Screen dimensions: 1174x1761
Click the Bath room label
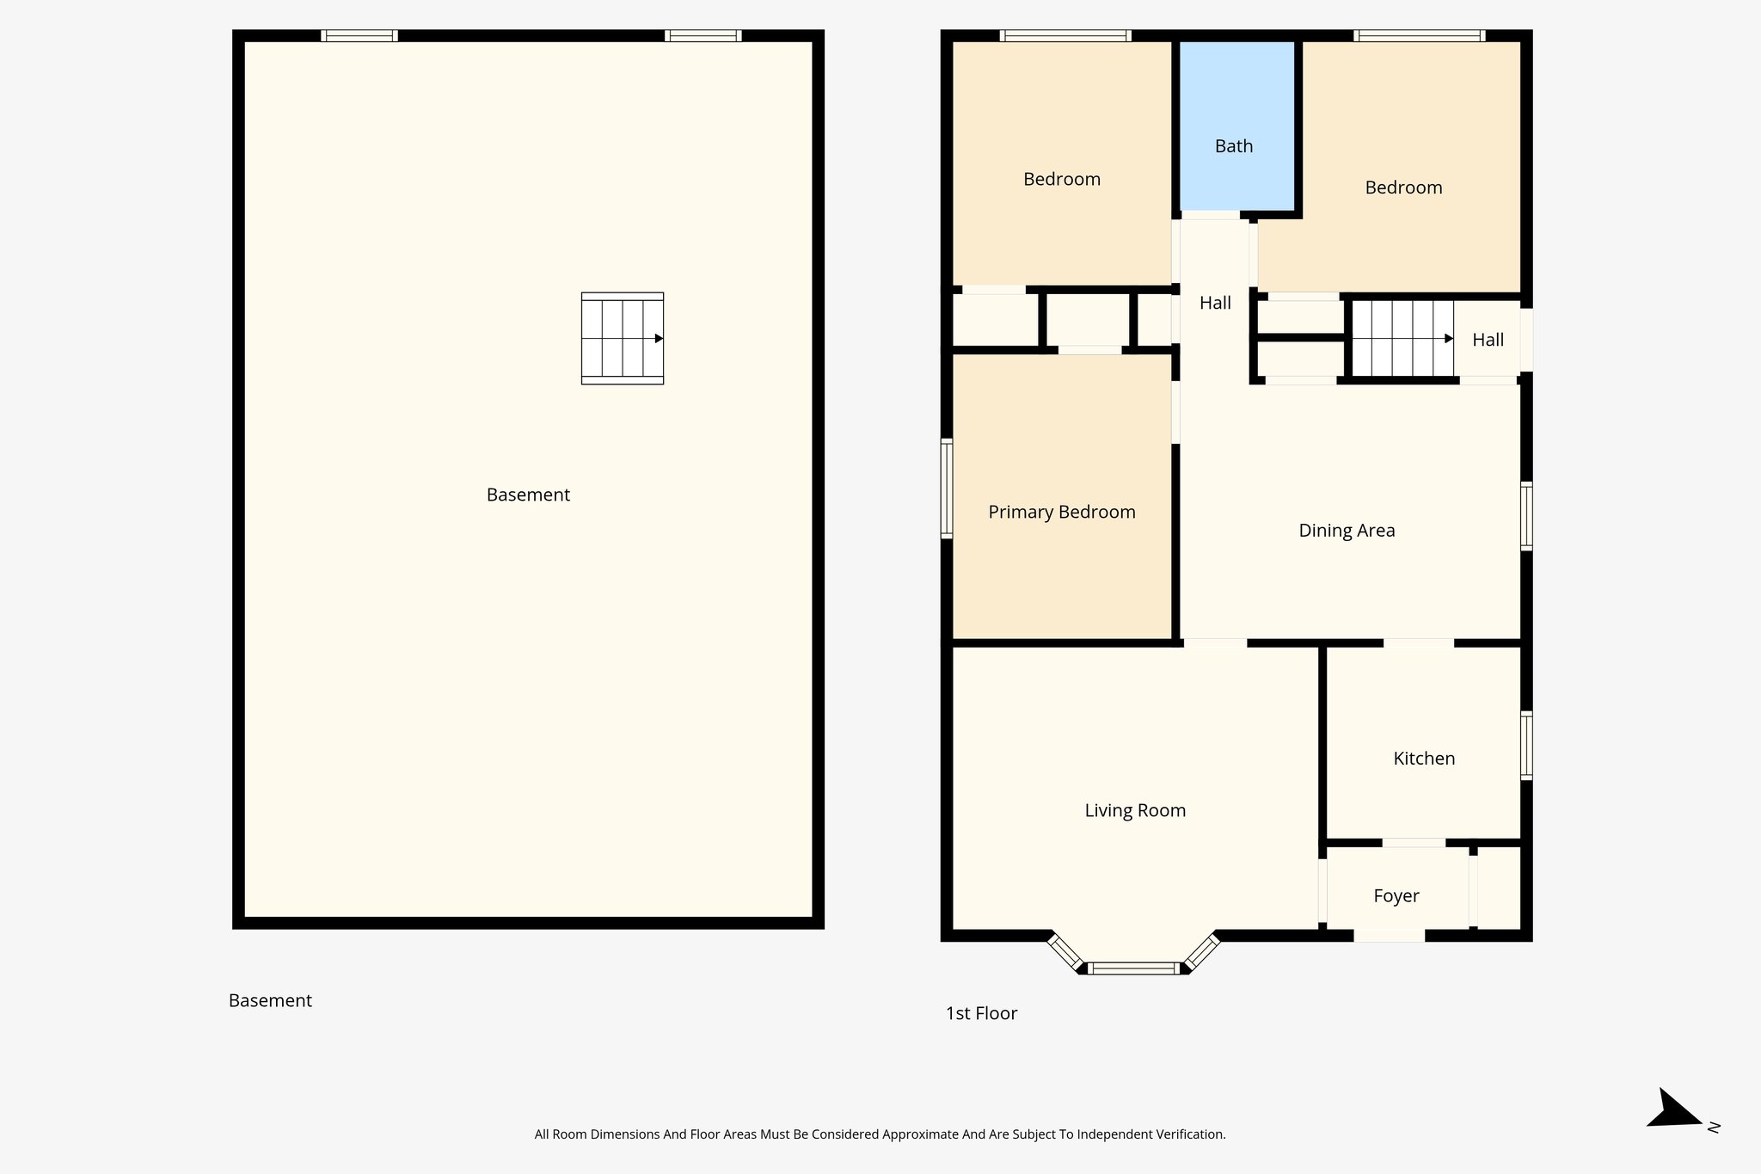click(x=1233, y=146)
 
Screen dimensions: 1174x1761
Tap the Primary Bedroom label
click(x=1061, y=512)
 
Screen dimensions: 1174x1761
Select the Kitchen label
click(x=1423, y=758)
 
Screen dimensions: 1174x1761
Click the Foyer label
click(x=1396, y=895)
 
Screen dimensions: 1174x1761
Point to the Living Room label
click(x=1134, y=809)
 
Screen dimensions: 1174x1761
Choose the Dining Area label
click(x=1346, y=530)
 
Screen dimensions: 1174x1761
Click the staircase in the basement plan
click(x=622, y=338)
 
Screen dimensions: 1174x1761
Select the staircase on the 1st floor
click(x=1402, y=338)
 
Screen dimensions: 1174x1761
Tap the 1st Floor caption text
click(x=981, y=1013)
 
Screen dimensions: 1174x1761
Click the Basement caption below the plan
click(x=270, y=1000)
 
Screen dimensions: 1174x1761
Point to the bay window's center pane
click(x=1133, y=968)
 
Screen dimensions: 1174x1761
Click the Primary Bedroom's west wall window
click(x=947, y=488)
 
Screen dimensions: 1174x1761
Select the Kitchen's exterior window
click(x=1526, y=745)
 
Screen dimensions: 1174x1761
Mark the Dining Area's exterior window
click(x=1526, y=515)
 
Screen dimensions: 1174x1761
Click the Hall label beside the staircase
click(x=1488, y=340)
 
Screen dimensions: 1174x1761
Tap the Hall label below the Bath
click(x=1214, y=303)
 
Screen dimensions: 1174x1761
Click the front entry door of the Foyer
click(x=1389, y=936)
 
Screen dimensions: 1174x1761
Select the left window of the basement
click(x=359, y=35)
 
